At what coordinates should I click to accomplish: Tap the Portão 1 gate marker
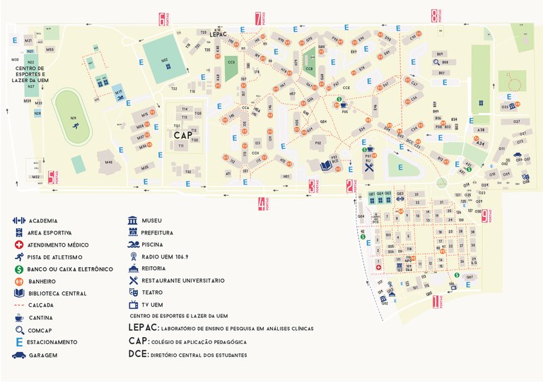(436, 302)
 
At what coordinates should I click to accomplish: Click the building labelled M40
(108, 162)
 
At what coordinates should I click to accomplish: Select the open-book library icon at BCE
(326, 165)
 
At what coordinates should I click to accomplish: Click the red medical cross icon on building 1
(378, 269)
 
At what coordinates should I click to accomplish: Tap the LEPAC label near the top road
(218, 33)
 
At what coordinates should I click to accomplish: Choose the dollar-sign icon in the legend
(18, 269)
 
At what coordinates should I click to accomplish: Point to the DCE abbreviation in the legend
(138, 355)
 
